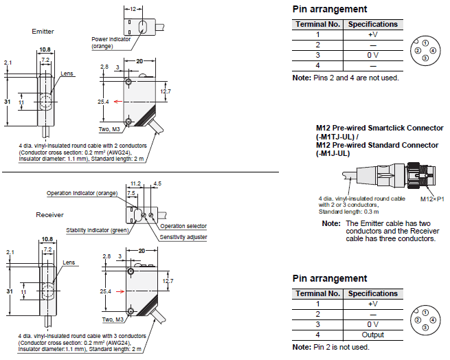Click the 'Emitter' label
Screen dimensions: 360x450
click(x=43, y=32)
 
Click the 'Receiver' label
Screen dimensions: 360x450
click(x=49, y=215)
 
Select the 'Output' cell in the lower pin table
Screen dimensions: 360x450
click(x=372, y=335)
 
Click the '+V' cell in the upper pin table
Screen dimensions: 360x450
click(x=372, y=34)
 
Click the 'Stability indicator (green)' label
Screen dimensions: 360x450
click(x=97, y=229)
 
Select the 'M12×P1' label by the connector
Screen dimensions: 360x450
click(x=432, y=198)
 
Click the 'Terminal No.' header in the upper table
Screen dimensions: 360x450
click(x=317, y=24)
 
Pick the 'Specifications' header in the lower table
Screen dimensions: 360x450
click(x=372, y=293)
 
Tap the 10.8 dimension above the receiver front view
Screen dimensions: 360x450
click(x=46, y=239)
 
